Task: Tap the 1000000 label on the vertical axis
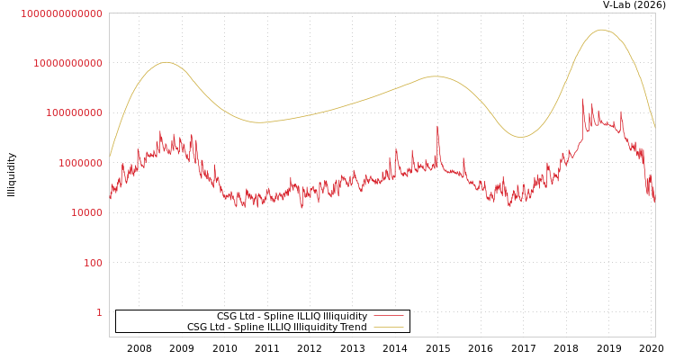(x=80, y=163)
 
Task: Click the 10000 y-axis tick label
(x=86, y=213)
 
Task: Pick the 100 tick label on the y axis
(x=93, y=263)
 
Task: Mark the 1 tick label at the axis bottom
(x=99, y=312)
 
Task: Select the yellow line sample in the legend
(x=388, y=328)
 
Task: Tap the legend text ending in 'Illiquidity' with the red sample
(x=292, y=317)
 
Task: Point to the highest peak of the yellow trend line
(x=601, y=30)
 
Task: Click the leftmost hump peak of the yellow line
(x=166, y=62)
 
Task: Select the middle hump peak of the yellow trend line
(x=435, y=76)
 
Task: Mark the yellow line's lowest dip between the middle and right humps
(x=519, y=137)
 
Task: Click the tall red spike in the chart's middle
(x=438, y=127)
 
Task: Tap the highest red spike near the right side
(x=582, y=100)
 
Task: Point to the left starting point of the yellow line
(x=110, y=157)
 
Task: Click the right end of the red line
(x=654, y=202)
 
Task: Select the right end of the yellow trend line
(x=654, y=128)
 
